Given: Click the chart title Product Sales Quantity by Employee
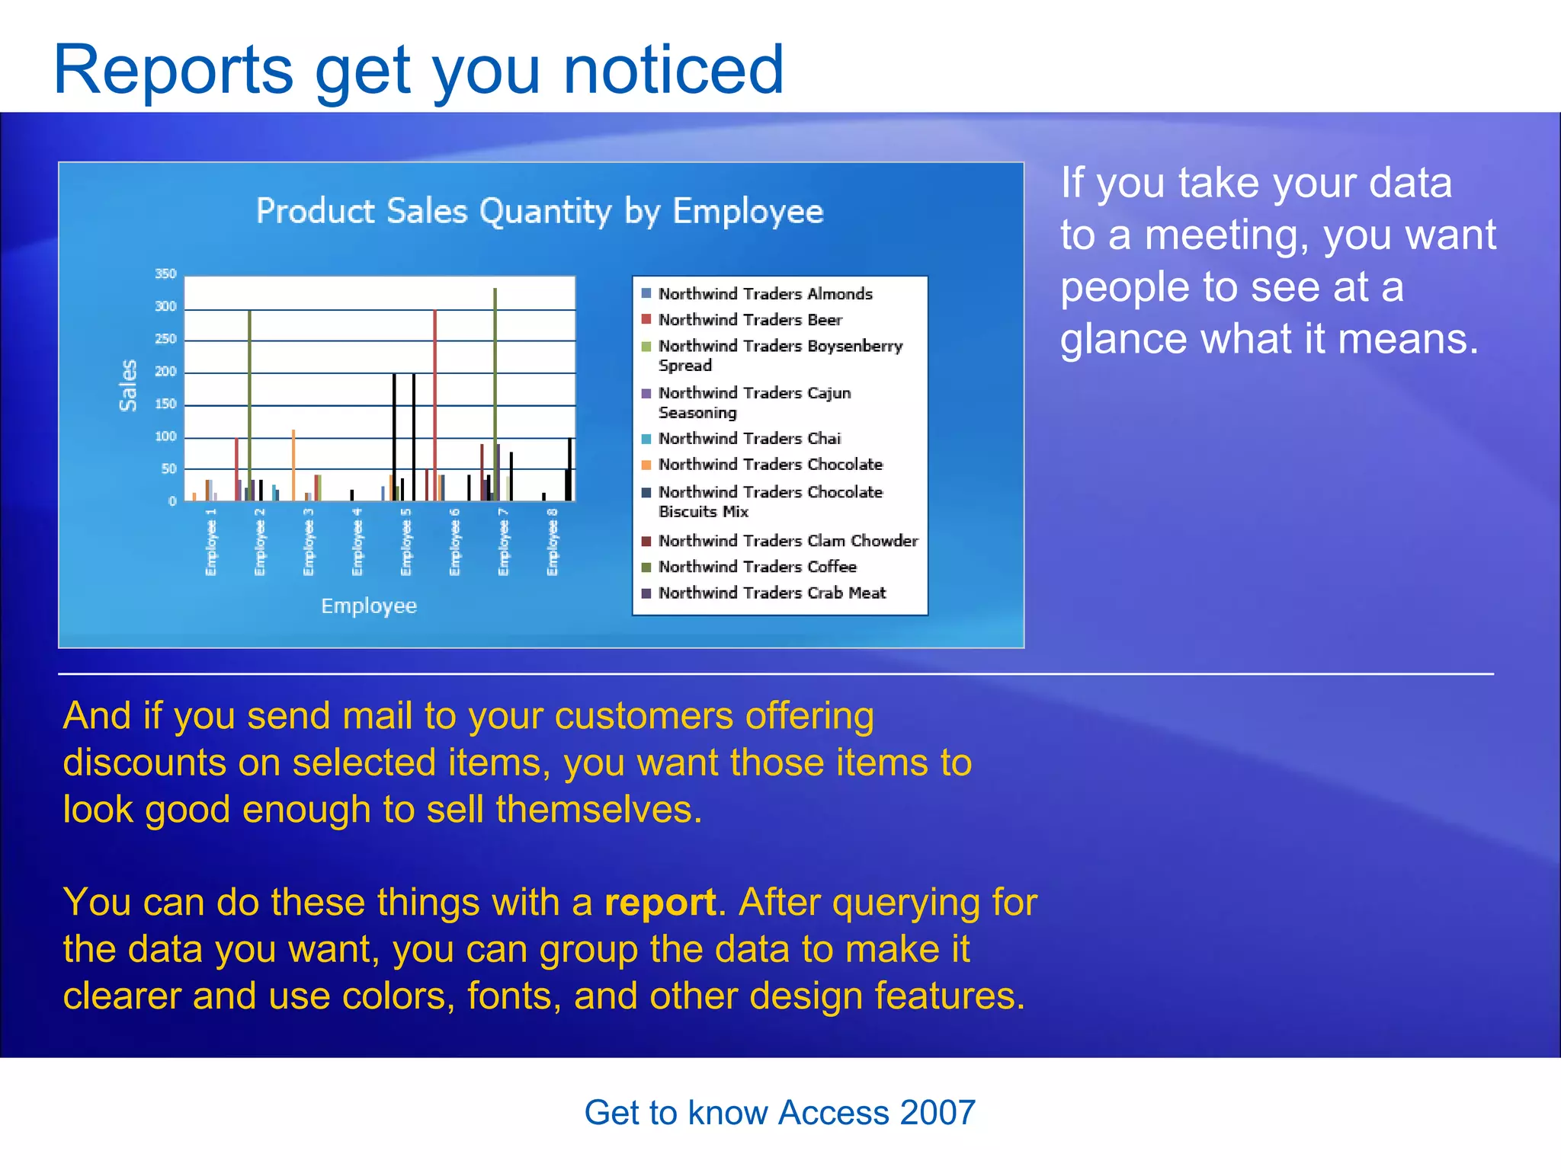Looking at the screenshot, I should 540,211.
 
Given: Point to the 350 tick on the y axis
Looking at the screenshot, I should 165,273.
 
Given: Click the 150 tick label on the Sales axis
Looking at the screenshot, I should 165,404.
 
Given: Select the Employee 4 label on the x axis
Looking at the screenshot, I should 357,542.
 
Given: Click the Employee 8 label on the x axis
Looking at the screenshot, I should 553,542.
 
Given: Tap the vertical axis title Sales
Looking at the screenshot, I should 128,385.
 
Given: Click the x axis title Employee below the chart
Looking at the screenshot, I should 369,606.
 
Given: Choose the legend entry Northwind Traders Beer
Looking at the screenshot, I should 750,320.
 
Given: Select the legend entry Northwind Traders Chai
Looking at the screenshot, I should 749,439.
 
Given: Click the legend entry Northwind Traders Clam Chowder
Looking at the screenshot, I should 788,541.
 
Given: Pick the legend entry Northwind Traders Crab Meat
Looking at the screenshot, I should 772,593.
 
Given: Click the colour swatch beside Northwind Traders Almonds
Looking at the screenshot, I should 646,293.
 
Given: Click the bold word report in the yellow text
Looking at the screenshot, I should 660,903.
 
